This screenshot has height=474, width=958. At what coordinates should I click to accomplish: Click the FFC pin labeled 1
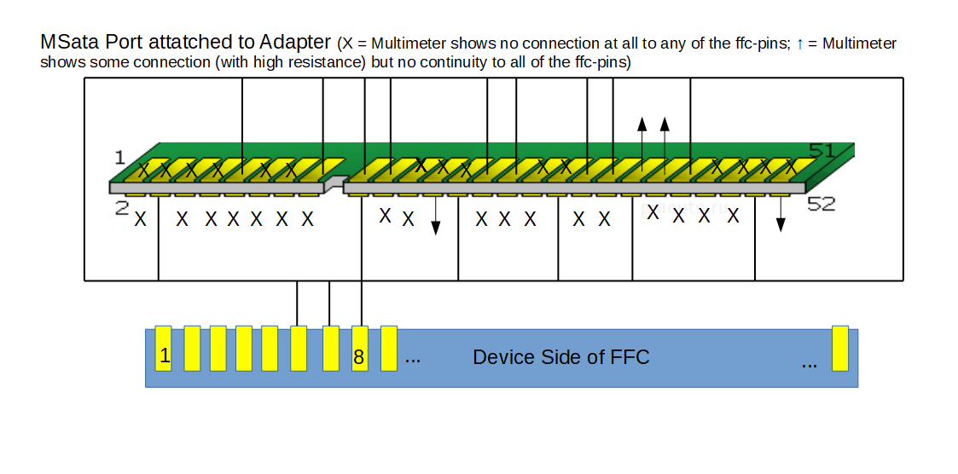[x=163, y=349]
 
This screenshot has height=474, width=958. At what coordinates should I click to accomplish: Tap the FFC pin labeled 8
[x=360, y=349]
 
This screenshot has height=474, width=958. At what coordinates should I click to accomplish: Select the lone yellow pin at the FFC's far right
[x=840, y=349]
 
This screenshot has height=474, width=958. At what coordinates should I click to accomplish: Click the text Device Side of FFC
[x=560, y=357]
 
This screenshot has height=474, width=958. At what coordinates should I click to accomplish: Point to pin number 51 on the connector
[x=822, y=150]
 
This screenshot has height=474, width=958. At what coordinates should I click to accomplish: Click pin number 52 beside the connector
[x=822, y=204]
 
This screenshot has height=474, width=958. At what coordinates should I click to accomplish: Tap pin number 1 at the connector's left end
[x=119, y=158]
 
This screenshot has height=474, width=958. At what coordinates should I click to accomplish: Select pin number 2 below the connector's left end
[x=122, y=208]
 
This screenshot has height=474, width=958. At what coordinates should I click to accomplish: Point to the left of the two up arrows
[x=642, y=143]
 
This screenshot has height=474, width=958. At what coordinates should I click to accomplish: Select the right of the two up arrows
[x=665, y=143]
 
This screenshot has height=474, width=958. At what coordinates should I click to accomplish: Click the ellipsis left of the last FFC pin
[x=809, y=365]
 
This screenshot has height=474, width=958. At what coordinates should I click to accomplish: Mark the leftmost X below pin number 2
[x=140, y=219]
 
